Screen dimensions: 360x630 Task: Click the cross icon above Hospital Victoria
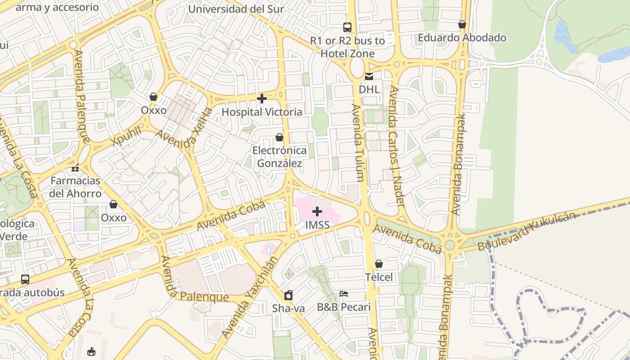coord(262,98)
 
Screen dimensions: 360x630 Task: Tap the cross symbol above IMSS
coord(317,211)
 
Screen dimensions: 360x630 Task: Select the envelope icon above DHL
coord(369,76)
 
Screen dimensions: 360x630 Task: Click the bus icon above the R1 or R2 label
coord(347,27)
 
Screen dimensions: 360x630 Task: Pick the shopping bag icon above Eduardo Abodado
coord(462,24)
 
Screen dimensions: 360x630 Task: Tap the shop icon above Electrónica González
coord(279,137)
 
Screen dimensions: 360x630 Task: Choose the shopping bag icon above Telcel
coord(379,264)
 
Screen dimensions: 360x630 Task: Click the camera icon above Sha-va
coord(288,295)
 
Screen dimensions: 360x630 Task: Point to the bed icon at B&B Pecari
coord(344,294)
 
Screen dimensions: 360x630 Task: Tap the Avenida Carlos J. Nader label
coord(395,146)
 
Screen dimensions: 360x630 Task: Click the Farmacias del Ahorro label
coord(76,187)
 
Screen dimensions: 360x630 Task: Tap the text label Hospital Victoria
coord(262,112)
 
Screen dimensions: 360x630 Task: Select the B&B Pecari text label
coord(344,307)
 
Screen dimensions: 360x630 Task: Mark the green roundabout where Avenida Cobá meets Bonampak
coord(450,245)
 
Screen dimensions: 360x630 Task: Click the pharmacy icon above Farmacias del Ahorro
coord(75,168)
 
